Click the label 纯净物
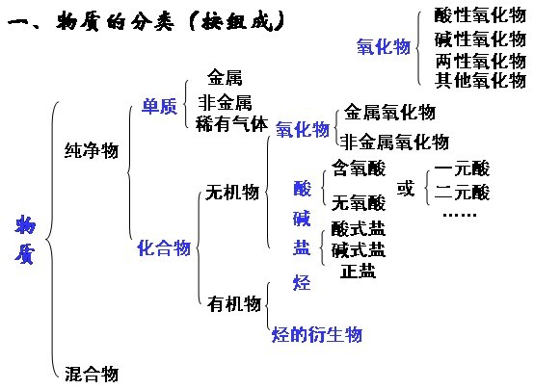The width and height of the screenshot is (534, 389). coord(92,150)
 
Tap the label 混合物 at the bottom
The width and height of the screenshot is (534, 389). coord(92,374)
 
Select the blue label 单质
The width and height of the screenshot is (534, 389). coord(159,106)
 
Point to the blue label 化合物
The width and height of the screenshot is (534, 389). coord(164,247)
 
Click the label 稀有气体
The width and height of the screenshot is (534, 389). coord(232,123)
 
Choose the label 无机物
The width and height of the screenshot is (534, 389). coord(232,193)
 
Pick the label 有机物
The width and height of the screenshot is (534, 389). coord(234,303)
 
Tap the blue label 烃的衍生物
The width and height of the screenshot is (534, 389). coord(317,334)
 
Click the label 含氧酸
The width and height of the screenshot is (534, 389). coord(359,169)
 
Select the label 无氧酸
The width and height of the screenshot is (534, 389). coord(359,203)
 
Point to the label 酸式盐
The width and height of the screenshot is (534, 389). coord(359,229)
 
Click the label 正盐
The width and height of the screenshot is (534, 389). coord(358,272)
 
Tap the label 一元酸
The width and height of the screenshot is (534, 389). coord(462,169)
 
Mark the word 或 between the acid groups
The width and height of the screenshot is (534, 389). coord(406,188)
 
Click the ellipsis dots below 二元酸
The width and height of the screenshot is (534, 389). coord(460,215)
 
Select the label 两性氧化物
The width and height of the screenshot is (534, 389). coord(481,61)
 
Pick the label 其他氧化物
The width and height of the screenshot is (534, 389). coord(481,80)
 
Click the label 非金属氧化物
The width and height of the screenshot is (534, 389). coord(394,142)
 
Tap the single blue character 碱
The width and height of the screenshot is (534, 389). coord(302,219)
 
